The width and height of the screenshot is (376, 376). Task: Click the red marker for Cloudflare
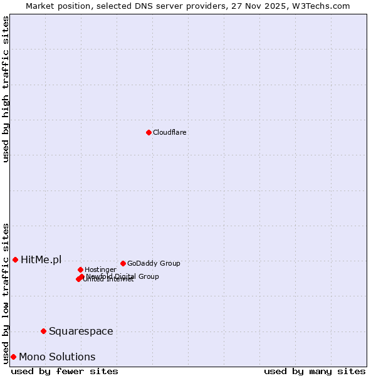pos(149,132)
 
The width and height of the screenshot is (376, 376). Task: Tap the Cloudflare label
pos(170,132)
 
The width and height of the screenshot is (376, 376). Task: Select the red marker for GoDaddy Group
pos(123,263)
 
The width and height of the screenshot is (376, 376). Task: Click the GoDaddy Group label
pos(154,263)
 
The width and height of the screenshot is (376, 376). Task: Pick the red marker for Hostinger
pos(80,269)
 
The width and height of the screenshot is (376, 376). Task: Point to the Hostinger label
pos(100,269)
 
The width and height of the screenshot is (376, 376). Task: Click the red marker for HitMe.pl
pos(15,259)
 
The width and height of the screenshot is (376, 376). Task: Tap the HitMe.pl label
pos(41,259)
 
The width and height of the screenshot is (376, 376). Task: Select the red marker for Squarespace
pos(43,331)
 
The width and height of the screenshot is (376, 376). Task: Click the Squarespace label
pos(81,331)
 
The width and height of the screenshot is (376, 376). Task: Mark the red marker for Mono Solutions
pos(13,357)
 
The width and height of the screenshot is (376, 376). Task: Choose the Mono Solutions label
pos(57,357)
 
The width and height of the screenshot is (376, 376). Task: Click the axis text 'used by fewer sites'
pos(65,371)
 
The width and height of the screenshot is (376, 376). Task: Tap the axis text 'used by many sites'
pos(315,371)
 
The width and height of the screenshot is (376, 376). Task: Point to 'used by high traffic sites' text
pos(6,89)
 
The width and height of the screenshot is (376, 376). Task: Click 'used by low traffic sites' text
pos(6,293)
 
